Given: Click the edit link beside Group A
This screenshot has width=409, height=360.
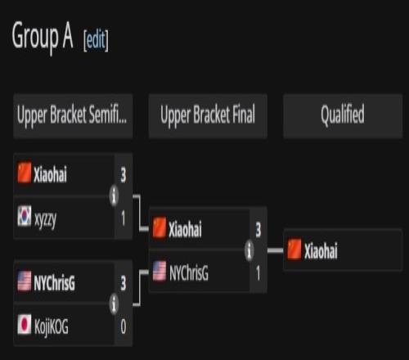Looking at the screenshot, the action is [96, 40].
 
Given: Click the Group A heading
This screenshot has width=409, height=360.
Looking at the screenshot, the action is [43, 37].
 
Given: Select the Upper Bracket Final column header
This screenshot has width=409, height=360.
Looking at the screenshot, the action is [208, 115].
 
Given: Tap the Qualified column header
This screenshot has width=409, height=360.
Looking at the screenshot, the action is [343, 115].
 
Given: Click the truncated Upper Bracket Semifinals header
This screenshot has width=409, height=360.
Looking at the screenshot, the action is [73, 115].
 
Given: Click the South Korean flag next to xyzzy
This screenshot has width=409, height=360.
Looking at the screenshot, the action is [25, 216].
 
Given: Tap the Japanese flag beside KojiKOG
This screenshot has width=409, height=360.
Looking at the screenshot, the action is [25, 324].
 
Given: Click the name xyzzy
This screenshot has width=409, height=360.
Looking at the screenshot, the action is [46, 219].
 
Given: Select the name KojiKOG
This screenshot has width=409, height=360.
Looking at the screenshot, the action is [52, 326].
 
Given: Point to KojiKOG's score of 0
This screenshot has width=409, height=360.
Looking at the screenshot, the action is [124, 326].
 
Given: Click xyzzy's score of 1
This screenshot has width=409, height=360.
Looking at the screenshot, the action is [124, 218].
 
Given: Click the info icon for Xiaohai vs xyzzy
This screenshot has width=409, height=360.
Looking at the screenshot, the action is [114, 196].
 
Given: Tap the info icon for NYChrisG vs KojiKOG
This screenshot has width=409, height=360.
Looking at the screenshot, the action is [114, 304].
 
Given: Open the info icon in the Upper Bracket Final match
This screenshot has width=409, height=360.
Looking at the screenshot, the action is [249, 250].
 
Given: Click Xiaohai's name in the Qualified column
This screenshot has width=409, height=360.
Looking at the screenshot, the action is [321, 250].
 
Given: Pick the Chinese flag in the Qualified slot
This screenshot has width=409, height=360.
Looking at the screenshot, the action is [294, 249].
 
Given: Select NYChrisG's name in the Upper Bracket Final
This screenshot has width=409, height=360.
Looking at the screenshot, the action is [189, 273].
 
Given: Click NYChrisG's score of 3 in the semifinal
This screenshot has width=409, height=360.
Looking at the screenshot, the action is [124, 283].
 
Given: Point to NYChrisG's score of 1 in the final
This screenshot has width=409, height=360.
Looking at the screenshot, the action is [258, 273].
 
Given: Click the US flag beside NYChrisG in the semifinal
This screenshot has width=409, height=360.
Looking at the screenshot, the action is [25, 281].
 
